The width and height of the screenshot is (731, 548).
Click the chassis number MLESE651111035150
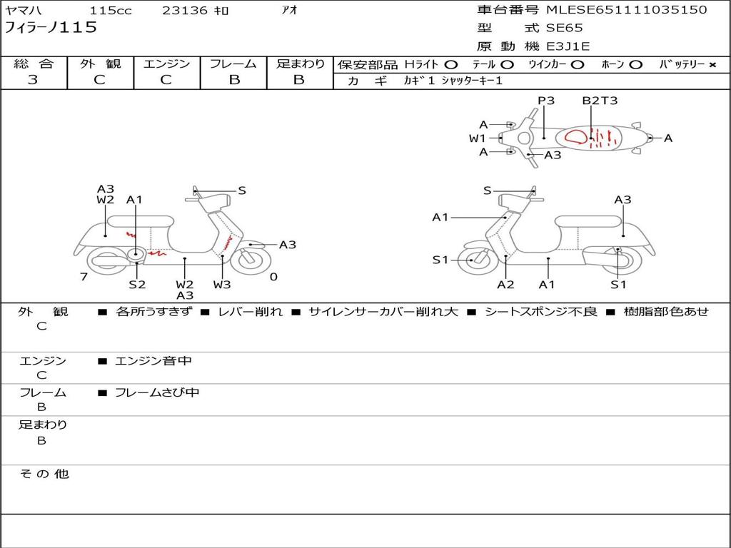coord(626,10)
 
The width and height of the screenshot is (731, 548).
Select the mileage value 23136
coord(185,11)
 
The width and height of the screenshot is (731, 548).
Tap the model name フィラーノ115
coord(51,28)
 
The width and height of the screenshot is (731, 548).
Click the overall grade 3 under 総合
coord(33,80)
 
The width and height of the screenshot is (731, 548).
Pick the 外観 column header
coord(100,64)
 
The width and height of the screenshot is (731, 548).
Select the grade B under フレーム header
coord(234,80)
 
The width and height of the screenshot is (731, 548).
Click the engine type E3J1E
coord(568,46)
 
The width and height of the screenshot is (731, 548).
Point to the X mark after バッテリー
coord(712,64)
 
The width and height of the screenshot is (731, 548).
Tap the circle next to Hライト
coord(450,64)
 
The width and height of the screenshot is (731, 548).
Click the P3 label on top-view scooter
coord(546,101)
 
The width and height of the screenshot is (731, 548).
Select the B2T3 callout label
coord(600,101)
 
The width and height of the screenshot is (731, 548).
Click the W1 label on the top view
coord(477,138)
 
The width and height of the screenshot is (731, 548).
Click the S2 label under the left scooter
coord(137,284)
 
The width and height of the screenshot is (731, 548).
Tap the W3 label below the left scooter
coord(222,284)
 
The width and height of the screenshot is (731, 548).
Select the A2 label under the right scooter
coord(505,284)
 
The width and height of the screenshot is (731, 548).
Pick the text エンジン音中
coord(153,361)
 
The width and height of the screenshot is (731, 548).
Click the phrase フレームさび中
coord(157,392)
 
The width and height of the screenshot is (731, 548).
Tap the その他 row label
coord(44,474)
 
